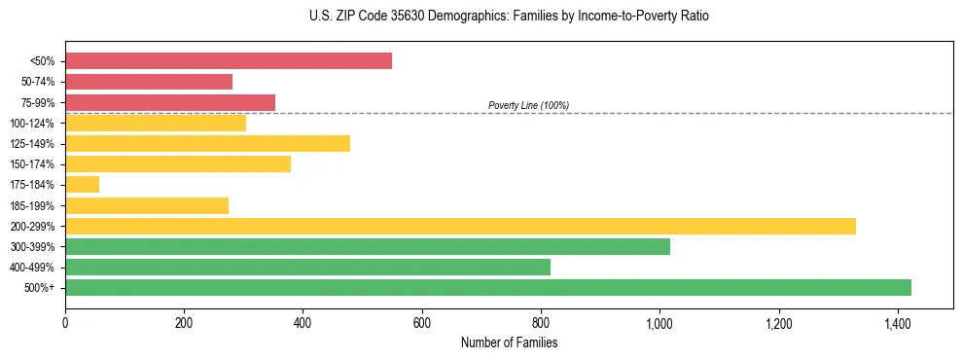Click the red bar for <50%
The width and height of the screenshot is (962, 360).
(x=229, y=61)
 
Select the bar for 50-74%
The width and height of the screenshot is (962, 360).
(x=149, y=82)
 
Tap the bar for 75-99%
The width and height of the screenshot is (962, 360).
(x=170, y=102)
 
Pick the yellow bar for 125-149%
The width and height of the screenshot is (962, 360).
(x=207, y=144)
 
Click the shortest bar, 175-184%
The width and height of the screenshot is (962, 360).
(x=82, y=185)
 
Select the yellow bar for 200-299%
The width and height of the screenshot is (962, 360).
(x=460, y=226)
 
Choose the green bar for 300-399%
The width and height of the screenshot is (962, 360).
(x=368, y=247)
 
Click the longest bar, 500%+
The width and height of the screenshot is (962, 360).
(x=488, y=288)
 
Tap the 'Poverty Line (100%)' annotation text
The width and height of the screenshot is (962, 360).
(x=528, y=105)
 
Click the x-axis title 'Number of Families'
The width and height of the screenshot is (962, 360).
(x=509, y=342)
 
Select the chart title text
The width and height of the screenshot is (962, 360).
(x=481, y=17)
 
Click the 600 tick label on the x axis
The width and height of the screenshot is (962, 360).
(x=422, y=321)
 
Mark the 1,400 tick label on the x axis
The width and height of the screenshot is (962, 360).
(x=897, y=321)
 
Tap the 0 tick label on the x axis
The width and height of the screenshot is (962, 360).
(x=65, y=321)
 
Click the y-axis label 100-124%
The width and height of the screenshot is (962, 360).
(x=32, y=124)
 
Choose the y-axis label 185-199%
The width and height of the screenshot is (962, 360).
(x=32, y=206)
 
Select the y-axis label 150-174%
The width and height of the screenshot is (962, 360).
(x=32, y=164)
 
